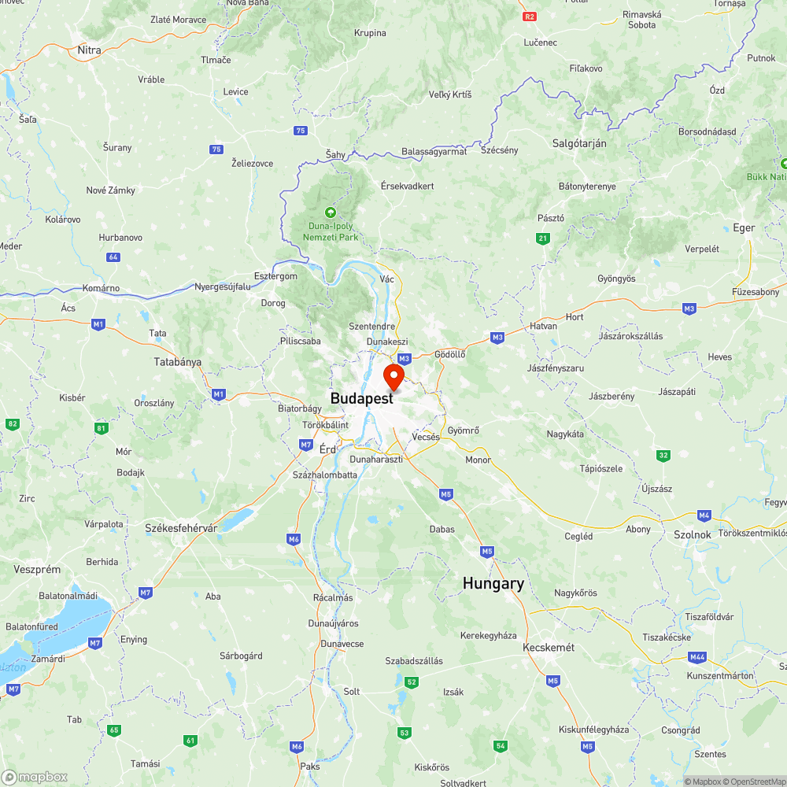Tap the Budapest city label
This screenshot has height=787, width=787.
pyautogui.click(x=361, y=399)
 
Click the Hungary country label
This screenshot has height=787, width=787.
pyautogui.click(x=493, y=583)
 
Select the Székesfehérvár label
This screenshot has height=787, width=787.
pyautogui.click(x=181, y=528)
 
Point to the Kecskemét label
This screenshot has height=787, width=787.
pyautogui.click(x=549, y=648)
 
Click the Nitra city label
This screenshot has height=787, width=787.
pyautogui.click(x=89, y=50)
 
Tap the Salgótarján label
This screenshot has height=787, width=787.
pyautogui.click(x=579, y=143)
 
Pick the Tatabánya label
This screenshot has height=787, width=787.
pyautogui.click(x=177, y=363)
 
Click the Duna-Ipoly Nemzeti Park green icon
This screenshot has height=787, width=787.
pyautogui.click(x=330, y=212)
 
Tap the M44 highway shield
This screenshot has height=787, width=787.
pyautogui.click(x=696, y=657)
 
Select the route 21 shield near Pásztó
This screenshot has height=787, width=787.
pyautogui.click(x=542, y=238)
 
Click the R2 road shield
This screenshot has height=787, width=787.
pyautogui.click(x=530, y=16)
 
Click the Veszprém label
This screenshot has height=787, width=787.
pyautogui.click(x=32, y=569)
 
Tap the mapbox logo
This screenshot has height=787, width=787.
pyautogui.click(x=35, y=777)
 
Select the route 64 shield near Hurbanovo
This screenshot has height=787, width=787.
pyautogui.click(x=114, y=257)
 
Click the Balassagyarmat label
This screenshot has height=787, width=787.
pyautogui.click(x=434, y=152)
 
